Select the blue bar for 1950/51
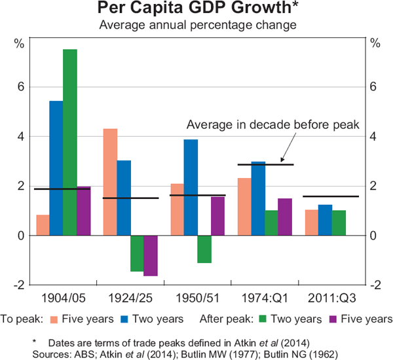pos(191,187)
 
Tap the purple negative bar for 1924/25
pos(151,255)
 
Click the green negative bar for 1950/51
pos(204,249)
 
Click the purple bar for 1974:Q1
pos(285,217)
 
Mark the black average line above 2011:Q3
pos(331,196)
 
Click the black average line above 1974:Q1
pos(265,164)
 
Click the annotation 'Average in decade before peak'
pos(272,125)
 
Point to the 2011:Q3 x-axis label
pos(331,298)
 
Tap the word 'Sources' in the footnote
pos(50,351)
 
